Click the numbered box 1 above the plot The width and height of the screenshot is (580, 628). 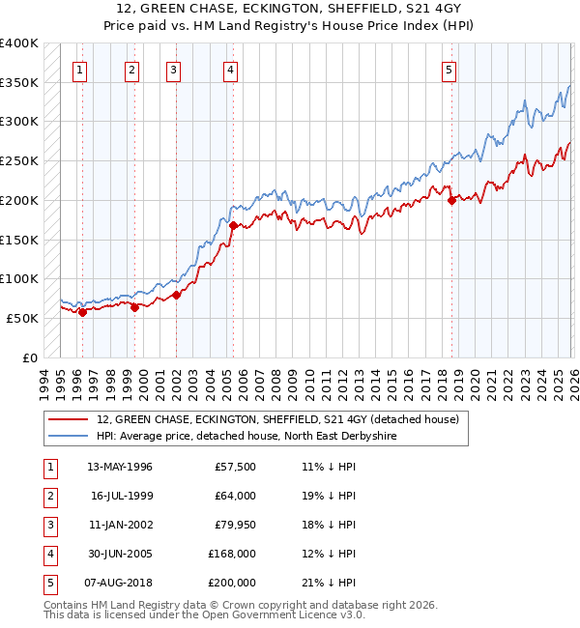[78, 69]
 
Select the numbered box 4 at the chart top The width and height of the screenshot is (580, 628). [231, 69]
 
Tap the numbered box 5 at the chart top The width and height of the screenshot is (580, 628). [449, 69]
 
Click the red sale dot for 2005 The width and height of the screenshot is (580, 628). [233, 225]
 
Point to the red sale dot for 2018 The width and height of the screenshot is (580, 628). [451, 200]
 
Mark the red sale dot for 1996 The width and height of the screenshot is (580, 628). [82, 312]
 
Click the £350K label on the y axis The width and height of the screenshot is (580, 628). [19, 83]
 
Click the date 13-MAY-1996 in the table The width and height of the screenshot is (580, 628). [119, 467]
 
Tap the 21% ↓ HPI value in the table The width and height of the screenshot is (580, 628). [329, 583]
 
